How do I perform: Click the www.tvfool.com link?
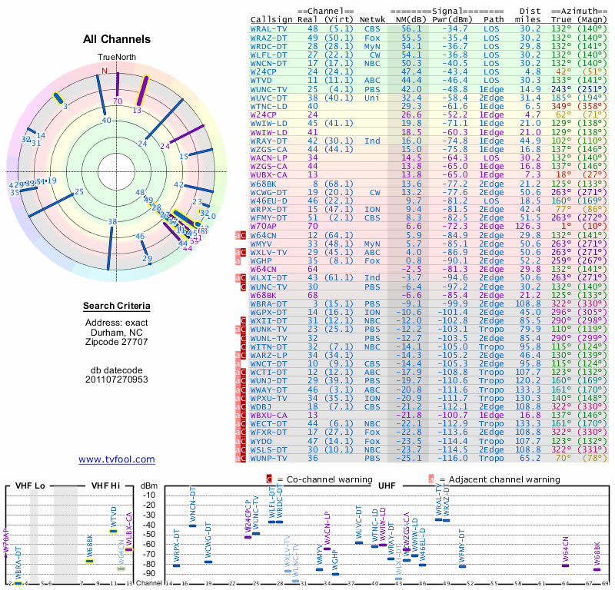click(116, 459)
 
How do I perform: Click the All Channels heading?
click(117, 39)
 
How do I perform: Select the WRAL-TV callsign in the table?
click(269, 28)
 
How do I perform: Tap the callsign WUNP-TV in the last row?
click(271, 458)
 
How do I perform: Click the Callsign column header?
click(272, 18)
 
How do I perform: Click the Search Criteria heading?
click(117, 307)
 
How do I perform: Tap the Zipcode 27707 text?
click(117, 341)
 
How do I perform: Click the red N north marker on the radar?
click(105, 71)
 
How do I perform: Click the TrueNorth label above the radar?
click(116, 58)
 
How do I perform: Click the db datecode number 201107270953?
click(117, 380)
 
